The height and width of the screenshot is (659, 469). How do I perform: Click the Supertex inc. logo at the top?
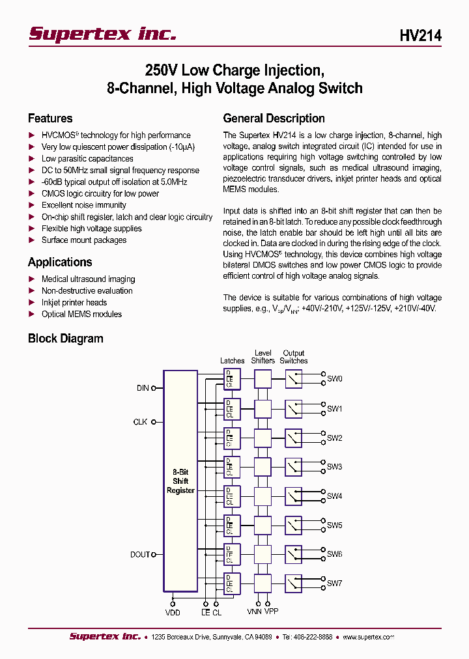[102, 34]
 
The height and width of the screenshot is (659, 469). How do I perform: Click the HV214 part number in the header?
[420, 36]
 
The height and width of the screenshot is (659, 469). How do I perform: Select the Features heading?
[50, 119]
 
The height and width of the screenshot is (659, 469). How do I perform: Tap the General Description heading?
[274, 119]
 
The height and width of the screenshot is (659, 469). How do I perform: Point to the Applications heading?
[60, 262]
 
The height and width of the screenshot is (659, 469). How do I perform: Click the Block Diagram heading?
[65, 339]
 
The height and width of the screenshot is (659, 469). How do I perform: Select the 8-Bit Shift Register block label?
[180, 481]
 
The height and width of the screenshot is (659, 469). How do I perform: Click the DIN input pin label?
[143, 388]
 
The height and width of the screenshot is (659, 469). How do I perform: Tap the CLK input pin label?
[140, 422]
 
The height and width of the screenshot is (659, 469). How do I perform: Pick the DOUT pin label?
[139, 555]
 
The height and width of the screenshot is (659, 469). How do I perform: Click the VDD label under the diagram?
[173, 613]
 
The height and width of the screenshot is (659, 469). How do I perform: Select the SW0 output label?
[334, 379]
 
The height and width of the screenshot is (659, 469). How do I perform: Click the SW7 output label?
[334, 583]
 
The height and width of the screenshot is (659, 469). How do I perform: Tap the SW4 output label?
[334, 496]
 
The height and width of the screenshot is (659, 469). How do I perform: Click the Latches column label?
[233, 361]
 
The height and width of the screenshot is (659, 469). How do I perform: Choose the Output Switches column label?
[293, 357]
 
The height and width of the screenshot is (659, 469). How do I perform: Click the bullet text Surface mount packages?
[84, 240]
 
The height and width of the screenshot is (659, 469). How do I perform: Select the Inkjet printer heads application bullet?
[74, 303]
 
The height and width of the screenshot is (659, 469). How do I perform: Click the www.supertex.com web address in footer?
[368, 637]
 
